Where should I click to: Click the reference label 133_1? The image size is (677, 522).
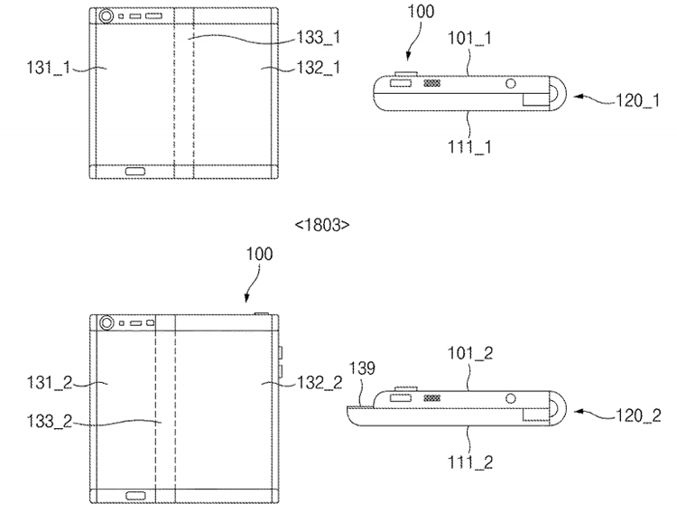319,38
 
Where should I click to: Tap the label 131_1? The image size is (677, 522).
49,68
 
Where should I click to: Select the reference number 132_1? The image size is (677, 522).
319,68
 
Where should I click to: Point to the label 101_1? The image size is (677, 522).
469,38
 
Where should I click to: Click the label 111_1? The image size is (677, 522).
469,147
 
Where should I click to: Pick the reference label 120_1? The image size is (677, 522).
637,100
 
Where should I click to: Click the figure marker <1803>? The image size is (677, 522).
322,225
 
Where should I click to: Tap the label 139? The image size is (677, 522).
362,368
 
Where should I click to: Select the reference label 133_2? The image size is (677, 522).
50,421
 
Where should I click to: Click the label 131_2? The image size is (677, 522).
50,382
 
